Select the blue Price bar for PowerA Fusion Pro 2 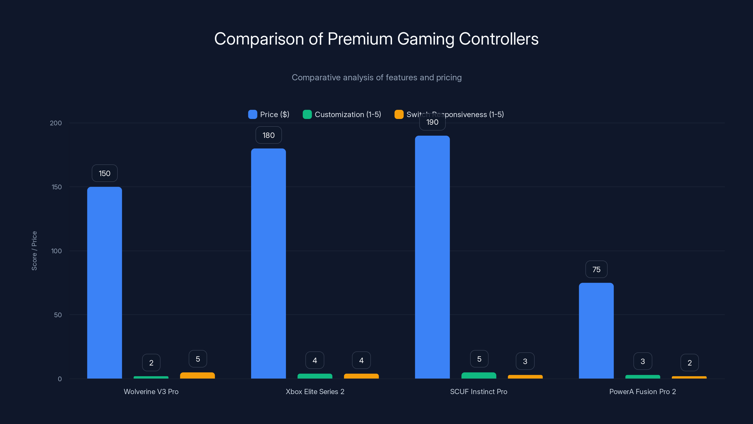596,331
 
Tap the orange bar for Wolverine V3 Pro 197,375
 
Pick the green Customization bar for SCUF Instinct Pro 479,375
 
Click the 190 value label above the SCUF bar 432,122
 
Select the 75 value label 596,269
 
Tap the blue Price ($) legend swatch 252,114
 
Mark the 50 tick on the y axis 58,315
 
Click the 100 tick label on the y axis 56,251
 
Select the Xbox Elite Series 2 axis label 315,391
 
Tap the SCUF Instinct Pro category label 479,391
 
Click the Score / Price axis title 34,251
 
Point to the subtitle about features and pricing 376,77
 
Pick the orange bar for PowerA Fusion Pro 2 689,377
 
